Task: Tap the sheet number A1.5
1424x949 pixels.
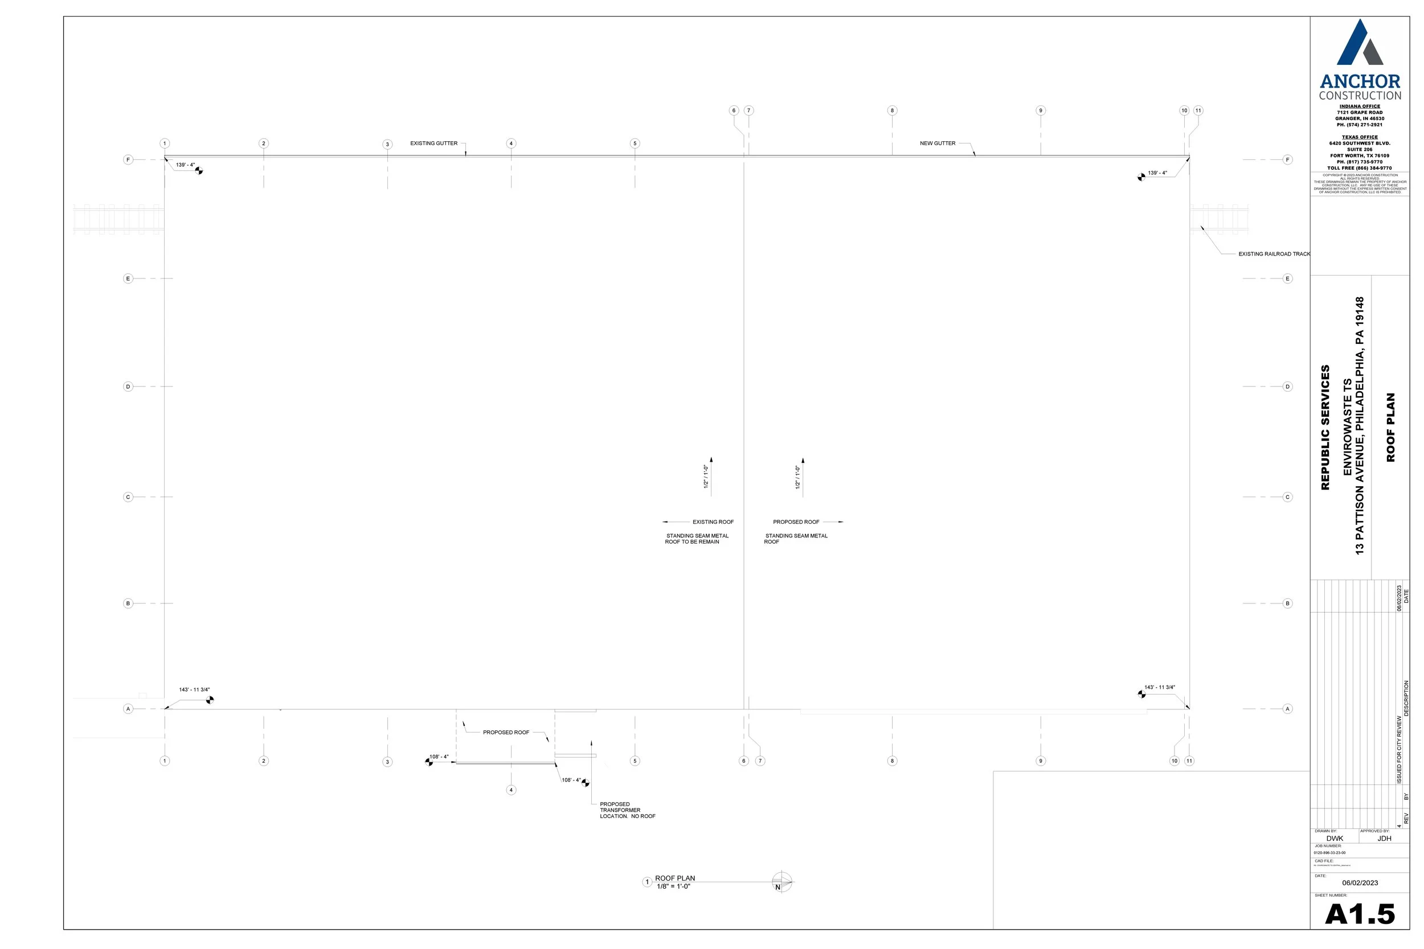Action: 1359,914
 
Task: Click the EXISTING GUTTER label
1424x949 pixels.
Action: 433,143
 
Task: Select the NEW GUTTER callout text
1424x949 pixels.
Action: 937,143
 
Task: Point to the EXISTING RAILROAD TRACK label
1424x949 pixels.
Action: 1273,254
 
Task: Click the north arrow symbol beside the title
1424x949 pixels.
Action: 781,882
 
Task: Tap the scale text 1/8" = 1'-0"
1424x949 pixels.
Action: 673,886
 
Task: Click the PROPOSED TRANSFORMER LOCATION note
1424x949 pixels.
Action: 627,811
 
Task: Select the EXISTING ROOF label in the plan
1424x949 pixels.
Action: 713,521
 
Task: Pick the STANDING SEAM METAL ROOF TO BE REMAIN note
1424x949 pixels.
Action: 696,539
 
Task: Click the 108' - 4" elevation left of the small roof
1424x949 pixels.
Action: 439,757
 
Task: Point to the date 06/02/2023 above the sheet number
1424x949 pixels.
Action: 1360,883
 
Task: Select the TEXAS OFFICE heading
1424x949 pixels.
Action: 1359,137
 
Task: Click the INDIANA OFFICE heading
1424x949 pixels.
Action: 1359,106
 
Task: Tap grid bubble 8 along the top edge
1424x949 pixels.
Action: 892,110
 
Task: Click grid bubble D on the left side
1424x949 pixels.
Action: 128,387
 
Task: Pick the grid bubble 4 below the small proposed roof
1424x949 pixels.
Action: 511,790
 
